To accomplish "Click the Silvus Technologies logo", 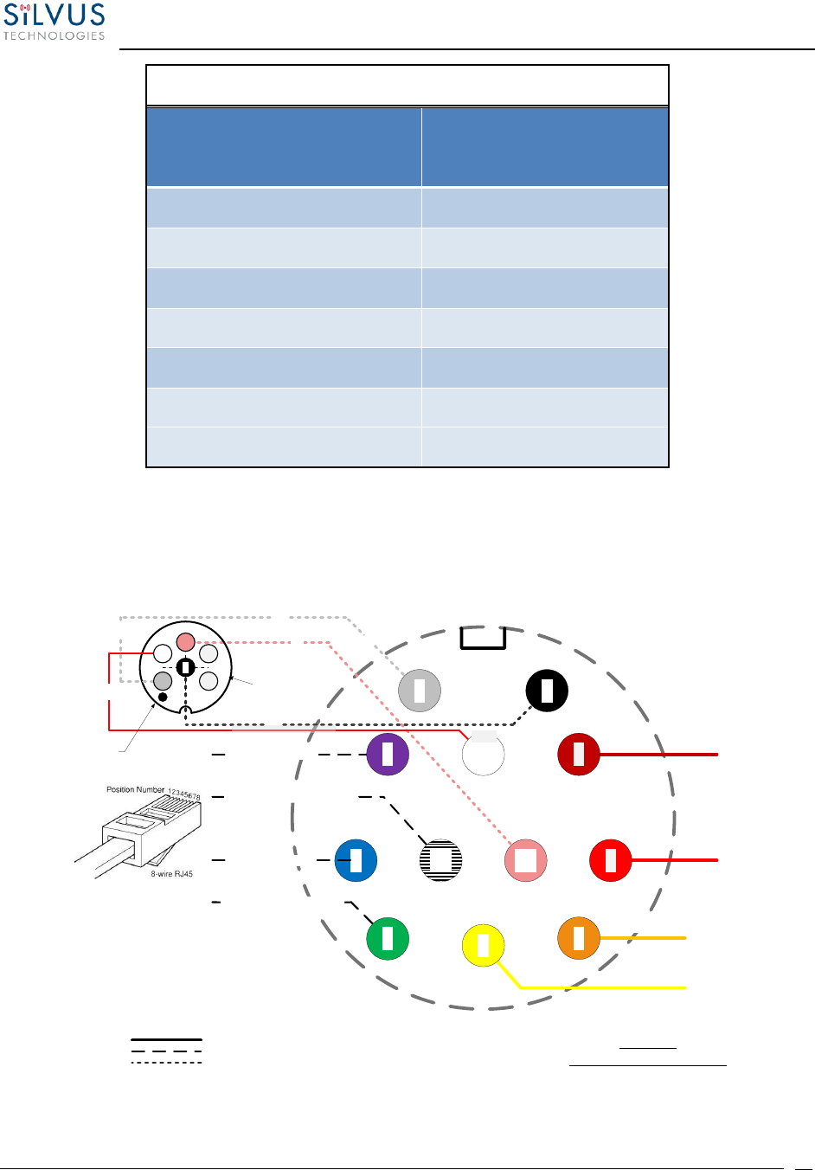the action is pos(54,22).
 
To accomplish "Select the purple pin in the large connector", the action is pos(388,755).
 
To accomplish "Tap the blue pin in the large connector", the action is pos(356,860).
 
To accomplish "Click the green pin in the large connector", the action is pos(388,939).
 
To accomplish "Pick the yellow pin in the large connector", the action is pos(484,945).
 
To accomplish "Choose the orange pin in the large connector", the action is pos(579,938).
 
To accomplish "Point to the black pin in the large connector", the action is pos(547,691).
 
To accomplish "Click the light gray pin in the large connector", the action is pos(420,691).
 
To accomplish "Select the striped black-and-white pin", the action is pos(440,860).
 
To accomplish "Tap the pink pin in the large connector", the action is pos(525,860).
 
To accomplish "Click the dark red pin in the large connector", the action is pos(579,755).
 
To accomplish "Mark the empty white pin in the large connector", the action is pos(483,755).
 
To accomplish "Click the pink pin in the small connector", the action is pos(186,642).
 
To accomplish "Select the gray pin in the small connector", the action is pos(163,680).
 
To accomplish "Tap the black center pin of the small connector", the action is pos(185,667).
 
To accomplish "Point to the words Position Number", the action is pos(135,789).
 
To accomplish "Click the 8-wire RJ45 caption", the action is pos(171,874).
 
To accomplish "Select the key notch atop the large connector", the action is pos(483,638).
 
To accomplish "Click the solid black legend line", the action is pos(166,1039).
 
